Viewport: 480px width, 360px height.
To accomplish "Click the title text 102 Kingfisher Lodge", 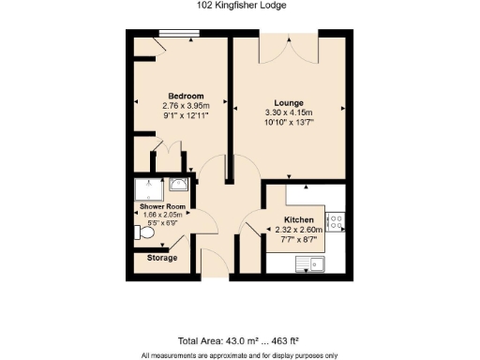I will (x=241, y=6).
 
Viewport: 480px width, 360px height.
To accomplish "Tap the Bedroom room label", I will (x=182, y=97).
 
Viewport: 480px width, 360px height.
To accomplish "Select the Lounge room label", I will (x=288, y=102).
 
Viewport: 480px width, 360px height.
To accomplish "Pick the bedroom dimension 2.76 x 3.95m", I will (x=182, y=106).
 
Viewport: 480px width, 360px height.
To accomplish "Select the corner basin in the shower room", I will (x=181, y=184).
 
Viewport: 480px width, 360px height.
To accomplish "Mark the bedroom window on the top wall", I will (x=178, y=36).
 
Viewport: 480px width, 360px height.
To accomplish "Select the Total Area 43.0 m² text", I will (x=240, y=341).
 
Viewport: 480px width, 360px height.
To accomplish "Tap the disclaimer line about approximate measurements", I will (x=240, y=355).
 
